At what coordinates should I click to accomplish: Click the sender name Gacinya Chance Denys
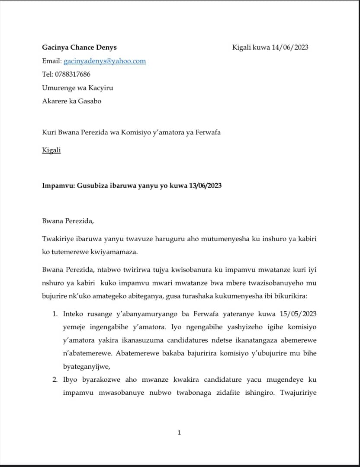click(79, 47)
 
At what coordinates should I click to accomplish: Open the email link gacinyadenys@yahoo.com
click(105, 61)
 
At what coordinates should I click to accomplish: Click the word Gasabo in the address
click(90, 101)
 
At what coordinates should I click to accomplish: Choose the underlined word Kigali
click(51, 150)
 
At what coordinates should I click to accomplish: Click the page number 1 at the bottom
click(180, 432)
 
